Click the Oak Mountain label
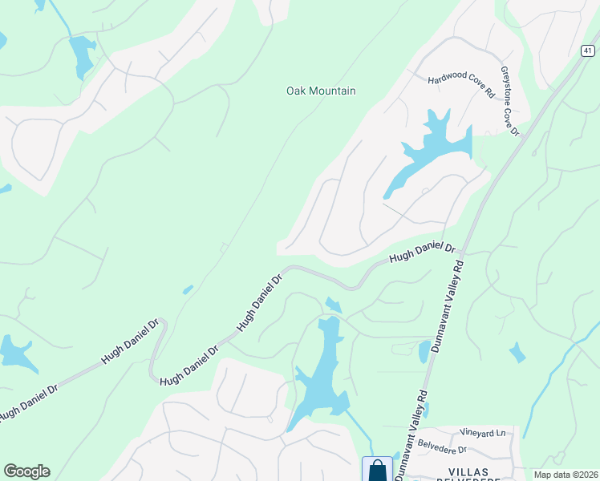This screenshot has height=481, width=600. (321, 91)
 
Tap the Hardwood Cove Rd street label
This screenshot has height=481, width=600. (461, 83)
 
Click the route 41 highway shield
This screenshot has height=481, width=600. (588, 51)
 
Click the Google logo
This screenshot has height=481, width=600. (26, 471)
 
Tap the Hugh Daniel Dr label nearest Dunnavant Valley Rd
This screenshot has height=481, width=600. (422, 253)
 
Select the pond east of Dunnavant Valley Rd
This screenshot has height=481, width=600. (517, 352)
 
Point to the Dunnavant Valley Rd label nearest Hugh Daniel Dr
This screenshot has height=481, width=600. (446, 304)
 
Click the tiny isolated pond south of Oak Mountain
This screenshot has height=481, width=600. (187, 289)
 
